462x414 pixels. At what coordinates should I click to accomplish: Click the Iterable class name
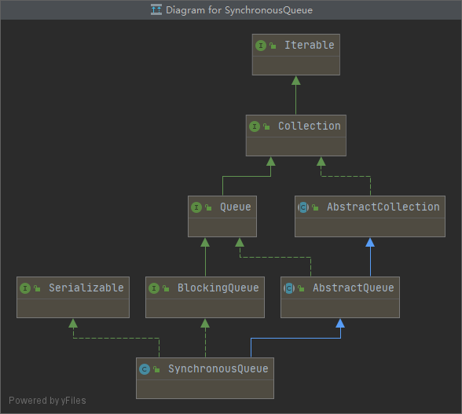pos(309,46)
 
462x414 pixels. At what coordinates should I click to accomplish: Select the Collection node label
pos(309,126)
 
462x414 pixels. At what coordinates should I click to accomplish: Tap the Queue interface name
pos(235,207)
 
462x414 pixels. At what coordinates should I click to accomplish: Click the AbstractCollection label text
pos(383,207)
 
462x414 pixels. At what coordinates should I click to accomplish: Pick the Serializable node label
pos(86,288)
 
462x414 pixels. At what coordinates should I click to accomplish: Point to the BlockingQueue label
pos(218,288)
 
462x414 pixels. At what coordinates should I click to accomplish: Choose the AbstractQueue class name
pos(353,288)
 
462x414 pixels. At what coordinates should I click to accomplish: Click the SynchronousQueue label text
pos(218,369)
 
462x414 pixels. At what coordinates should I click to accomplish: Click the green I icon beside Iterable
pos(261,46)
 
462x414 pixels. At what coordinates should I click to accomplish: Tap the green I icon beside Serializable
pos(25,288)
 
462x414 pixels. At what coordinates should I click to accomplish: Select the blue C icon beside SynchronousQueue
pos(144,369)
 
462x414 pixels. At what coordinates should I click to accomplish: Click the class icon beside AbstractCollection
pos(303,207)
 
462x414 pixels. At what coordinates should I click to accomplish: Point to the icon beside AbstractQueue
pos(289,288)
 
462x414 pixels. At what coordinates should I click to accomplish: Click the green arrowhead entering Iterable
pos(295,80)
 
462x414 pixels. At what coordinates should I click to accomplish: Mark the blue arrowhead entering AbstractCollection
pos(370,242)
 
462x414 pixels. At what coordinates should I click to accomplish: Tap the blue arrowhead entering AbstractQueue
pos(340,323)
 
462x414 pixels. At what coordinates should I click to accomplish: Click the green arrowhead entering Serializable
pos(73,323)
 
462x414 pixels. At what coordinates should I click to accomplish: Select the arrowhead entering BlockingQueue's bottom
pos(205,323)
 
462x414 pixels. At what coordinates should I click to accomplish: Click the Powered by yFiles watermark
pos(47,401)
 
